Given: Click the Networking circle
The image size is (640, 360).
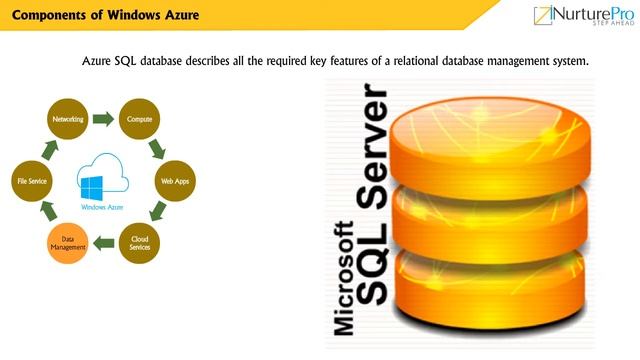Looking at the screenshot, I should pyautogui.click(x=66, y=119).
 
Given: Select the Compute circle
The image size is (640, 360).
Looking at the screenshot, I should pyautogui.click(x=139, y=119).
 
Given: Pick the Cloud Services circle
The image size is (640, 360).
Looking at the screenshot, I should pyautogui.click(x=139, y=243).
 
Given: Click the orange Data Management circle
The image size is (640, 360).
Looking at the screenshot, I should pyautogui.click(x=67, y=243).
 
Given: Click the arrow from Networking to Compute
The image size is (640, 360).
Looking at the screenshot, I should pyautogui.click(x=102, y=119).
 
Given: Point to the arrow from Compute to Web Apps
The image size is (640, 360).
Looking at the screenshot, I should pyautogui.click(x=157, y=150).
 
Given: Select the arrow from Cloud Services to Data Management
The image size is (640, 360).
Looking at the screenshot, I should pyautogui.click(x=103, y=243).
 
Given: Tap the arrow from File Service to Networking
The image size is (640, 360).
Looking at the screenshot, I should pyautogui.click(x=48, y=150).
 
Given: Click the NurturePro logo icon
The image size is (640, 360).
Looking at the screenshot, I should pyautogui.click(x=546, y=17).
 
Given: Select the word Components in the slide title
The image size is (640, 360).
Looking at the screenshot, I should pyautogui.click(x=47, y=15).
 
